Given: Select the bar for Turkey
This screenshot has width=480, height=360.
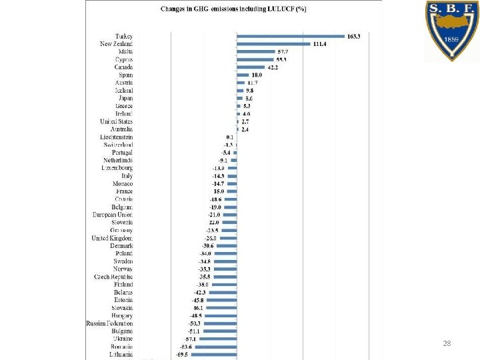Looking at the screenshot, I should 291,36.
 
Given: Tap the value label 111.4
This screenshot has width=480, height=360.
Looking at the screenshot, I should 321,44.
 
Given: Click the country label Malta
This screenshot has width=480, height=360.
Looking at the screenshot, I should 125,51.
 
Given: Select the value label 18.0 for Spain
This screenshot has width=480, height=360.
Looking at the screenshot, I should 257,75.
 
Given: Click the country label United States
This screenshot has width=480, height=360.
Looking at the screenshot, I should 117,121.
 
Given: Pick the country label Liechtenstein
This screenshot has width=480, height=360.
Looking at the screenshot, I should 117,137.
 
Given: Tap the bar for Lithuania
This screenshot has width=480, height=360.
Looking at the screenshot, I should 213,355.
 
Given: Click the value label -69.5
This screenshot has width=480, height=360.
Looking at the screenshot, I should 182,355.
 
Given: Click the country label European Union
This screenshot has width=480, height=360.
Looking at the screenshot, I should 113,215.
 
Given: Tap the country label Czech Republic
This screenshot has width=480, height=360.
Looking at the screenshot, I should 113,277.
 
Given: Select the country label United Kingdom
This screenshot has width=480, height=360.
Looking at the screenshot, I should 113,238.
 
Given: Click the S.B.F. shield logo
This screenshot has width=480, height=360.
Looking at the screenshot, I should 453,30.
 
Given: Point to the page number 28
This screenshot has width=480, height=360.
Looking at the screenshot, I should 447,343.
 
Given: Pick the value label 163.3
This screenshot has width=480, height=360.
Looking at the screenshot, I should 353,36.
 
